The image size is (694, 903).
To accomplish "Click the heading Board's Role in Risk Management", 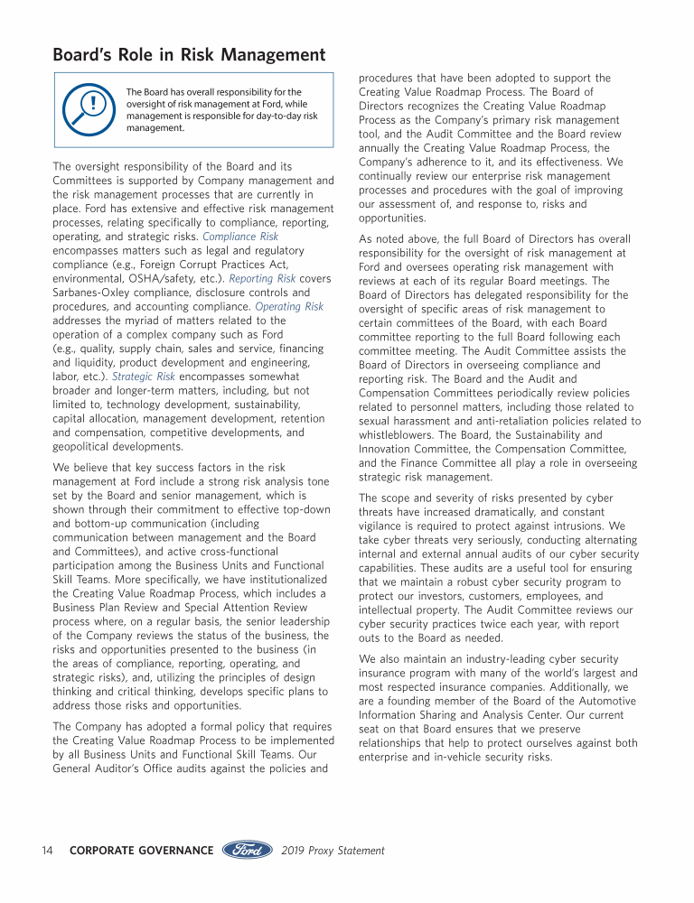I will click(x=190, y=56).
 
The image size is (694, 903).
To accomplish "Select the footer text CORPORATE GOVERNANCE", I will click(x=141, y=851).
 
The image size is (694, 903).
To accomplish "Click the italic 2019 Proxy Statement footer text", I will click(x=333, y=851).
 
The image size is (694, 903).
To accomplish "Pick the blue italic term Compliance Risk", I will click(x=240, y=237).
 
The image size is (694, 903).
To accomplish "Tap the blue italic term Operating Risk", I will click(x=289, y=307).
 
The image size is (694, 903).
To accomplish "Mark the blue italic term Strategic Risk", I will click(x=144, y=377).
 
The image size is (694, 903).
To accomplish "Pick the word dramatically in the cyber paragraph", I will click(x=504, y=512).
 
